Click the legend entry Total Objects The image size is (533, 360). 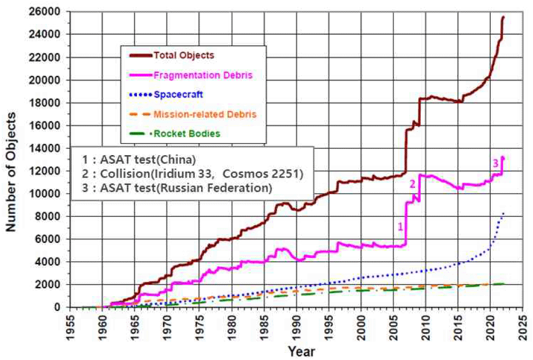[x=184, y=55]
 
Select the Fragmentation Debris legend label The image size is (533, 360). [x=204, y=75]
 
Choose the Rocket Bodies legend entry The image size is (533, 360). [x=186, y=134]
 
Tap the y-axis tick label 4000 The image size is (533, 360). [x=51, y=262]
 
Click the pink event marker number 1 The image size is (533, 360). [x=400, y=226]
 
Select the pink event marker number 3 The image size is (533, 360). [x=495, y=163]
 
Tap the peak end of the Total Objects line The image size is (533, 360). [x=503, y=17]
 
